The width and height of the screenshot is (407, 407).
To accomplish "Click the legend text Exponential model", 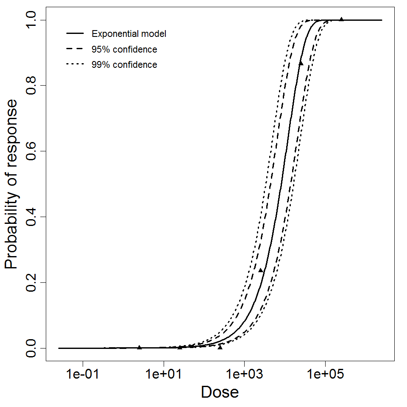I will [129, 34].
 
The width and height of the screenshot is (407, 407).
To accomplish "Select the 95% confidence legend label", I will [124, 50].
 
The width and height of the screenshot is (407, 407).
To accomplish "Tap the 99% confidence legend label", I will [124, 65].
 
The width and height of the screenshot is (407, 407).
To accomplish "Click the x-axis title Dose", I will [220, 392].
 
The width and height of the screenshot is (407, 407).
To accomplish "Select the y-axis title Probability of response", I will [12, 184].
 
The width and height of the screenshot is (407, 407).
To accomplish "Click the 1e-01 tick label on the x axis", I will [83, 374].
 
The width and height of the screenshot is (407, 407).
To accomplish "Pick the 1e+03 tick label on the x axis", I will [244, 374].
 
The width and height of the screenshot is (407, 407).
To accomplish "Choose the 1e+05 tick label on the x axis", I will [325, 374].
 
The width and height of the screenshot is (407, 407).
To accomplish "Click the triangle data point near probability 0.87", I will [301, 63].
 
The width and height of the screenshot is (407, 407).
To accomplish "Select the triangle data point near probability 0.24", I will [261, 270].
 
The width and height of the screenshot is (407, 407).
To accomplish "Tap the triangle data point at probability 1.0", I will [341, 20].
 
